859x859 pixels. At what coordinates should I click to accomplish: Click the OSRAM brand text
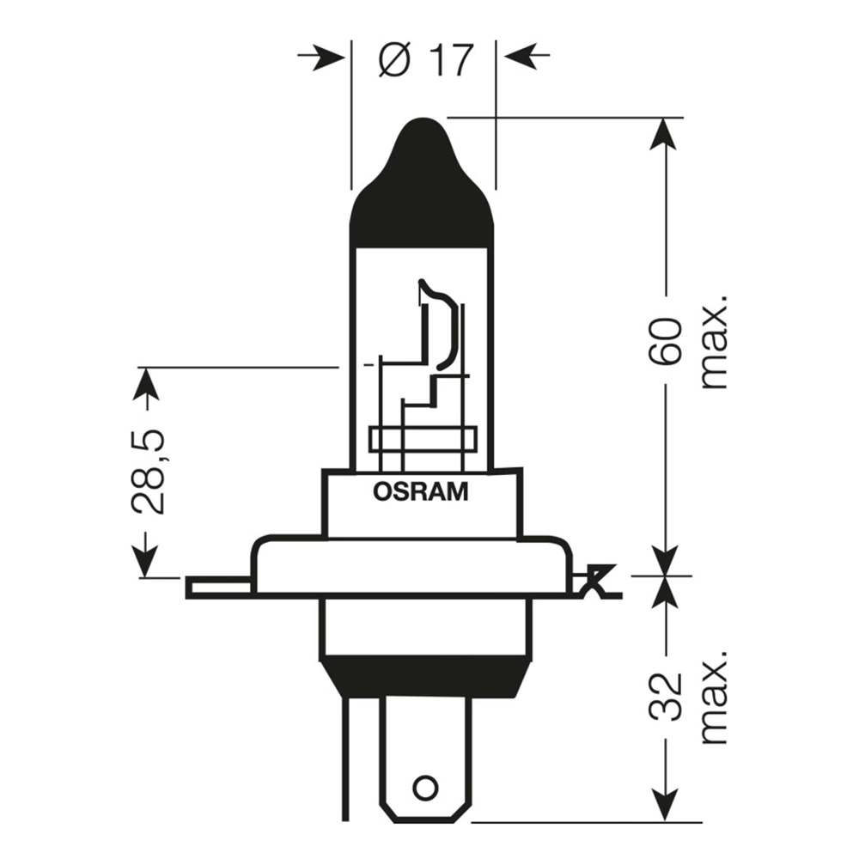click(421, 493)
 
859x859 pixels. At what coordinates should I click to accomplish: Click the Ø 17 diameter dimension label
click(426, 59)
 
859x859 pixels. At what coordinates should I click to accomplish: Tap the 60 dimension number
click(666, 342)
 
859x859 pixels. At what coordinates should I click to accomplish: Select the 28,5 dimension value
click(148, 472)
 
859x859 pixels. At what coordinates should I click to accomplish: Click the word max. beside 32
click(713, 696)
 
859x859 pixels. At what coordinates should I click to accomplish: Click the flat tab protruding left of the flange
click(218, 588)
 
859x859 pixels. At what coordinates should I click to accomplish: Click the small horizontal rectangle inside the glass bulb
click(422, 439)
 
